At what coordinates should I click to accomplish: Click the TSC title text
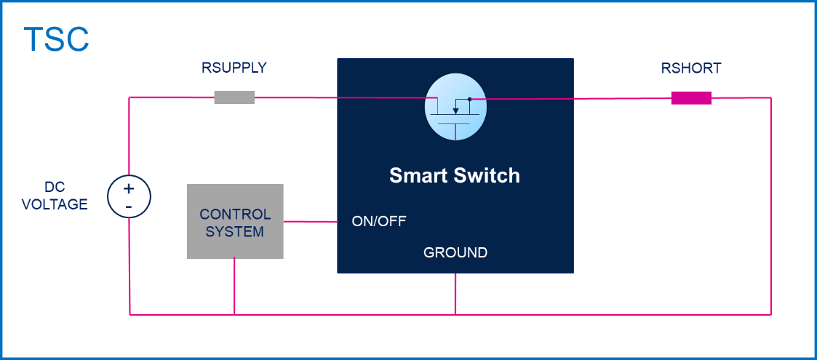[x=56, y=39]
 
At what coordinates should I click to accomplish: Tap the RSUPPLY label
[x=234, y=68]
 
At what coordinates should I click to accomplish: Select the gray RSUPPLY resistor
[x=234, y=97]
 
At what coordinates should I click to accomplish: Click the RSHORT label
[x=691, y=68]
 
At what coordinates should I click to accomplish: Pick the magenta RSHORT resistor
[x=691, y=97]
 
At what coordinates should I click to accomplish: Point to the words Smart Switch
[x=455, y=175]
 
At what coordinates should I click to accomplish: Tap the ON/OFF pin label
[x=379, y=221]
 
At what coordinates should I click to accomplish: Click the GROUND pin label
[x=455, y=252]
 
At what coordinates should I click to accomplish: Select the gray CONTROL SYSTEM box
[x=235, y=222]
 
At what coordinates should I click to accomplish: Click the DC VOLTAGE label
[x=55, y=196]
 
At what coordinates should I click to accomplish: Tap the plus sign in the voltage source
[x=129, y=188]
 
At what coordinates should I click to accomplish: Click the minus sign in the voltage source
[x=129, y=206]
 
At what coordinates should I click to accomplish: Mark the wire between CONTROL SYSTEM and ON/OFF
[x=310, y=222]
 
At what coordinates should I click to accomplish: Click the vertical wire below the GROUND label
[x=455, y=294]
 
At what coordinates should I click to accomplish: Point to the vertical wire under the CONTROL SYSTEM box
[x=234, y=287]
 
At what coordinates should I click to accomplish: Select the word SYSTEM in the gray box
[x=235, y=232]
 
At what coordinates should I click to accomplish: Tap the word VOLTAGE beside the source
[x=55, y=204]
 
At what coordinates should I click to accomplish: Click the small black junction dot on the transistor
[x=470, y=98]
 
